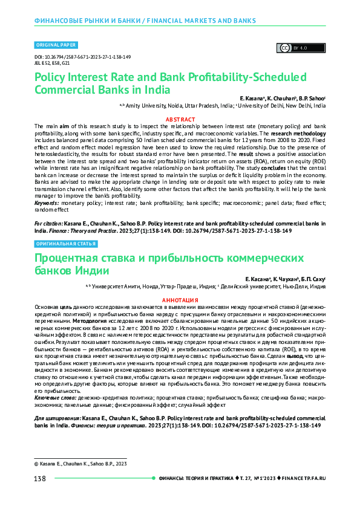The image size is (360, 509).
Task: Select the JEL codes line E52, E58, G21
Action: click(x=48, y=62)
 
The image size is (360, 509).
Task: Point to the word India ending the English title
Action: click(x=157, y=89)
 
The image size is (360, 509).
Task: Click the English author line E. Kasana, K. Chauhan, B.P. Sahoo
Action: click(x=283, y=97)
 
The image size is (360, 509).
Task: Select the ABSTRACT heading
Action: click(x=180, y=120)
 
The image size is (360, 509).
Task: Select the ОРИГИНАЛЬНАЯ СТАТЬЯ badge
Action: click(x=65, y=244)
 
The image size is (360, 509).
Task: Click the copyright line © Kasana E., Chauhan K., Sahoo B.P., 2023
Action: click(x=80, y=463)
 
